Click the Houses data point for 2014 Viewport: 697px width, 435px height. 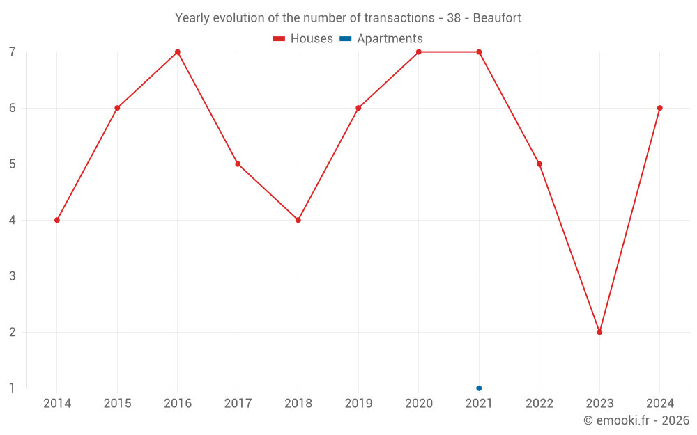(57, 220)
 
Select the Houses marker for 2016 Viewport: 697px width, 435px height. (178, 52)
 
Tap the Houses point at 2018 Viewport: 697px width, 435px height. (298, 220)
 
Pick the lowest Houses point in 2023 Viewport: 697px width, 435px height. (599, 332)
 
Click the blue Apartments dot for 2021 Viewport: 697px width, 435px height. (479, 388)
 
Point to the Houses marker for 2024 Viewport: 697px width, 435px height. (659, 108)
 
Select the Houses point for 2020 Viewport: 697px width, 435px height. (419, 52)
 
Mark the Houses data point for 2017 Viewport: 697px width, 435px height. (238, 164)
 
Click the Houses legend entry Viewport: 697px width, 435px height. (303, 39)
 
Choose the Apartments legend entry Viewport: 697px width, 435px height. (381, 39)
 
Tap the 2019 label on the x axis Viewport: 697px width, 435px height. (358, 404)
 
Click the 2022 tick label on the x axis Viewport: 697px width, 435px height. (539, 404)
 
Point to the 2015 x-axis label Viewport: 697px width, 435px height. (117, 404)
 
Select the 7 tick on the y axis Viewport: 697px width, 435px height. (13, 52)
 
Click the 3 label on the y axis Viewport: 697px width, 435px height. (13, 276)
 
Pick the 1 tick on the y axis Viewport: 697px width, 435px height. (13, 388)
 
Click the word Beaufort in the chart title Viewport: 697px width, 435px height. (497, 18)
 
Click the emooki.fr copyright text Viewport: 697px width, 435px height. (636, 420)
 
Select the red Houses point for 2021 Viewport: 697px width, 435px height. (479, 52)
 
